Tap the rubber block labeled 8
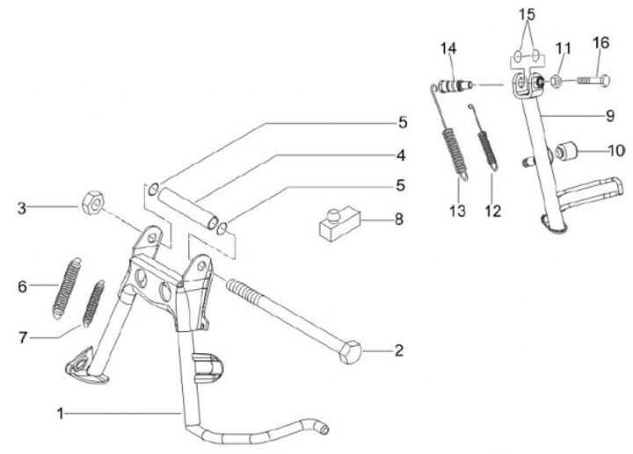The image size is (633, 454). point(338,221)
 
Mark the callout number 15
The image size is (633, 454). point(526,14)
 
